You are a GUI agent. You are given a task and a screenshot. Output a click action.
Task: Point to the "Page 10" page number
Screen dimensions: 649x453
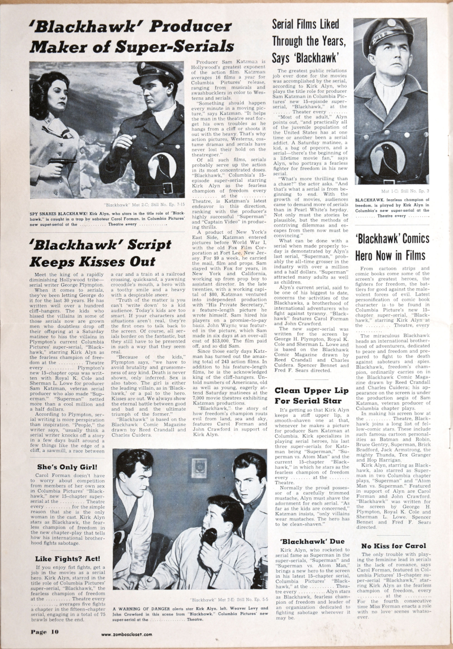point(42,633)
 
